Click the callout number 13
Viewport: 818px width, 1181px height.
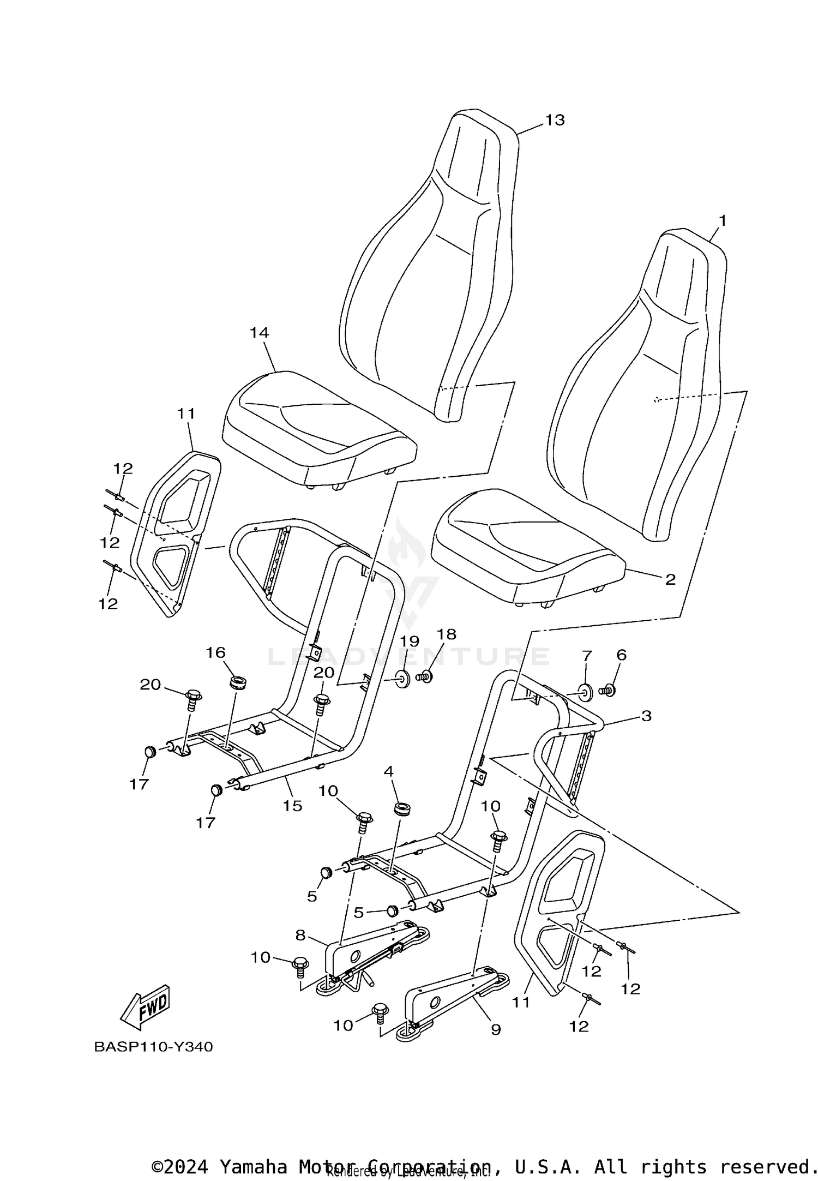[555, 120]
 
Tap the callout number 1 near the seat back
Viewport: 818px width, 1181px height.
[722, 221]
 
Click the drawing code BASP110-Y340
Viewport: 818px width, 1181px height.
[153, 1047]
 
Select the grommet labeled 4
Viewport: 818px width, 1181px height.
[402, 808]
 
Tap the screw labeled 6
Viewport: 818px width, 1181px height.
[608, 690]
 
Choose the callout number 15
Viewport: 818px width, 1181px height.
[292, 806]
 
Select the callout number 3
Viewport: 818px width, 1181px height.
[646, 715]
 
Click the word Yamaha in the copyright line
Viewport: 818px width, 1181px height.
[253, 1163]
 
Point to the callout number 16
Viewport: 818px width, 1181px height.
[215, 652]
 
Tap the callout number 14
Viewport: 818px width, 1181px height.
[259, 332]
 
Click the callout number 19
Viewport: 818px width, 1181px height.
[410, 640]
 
